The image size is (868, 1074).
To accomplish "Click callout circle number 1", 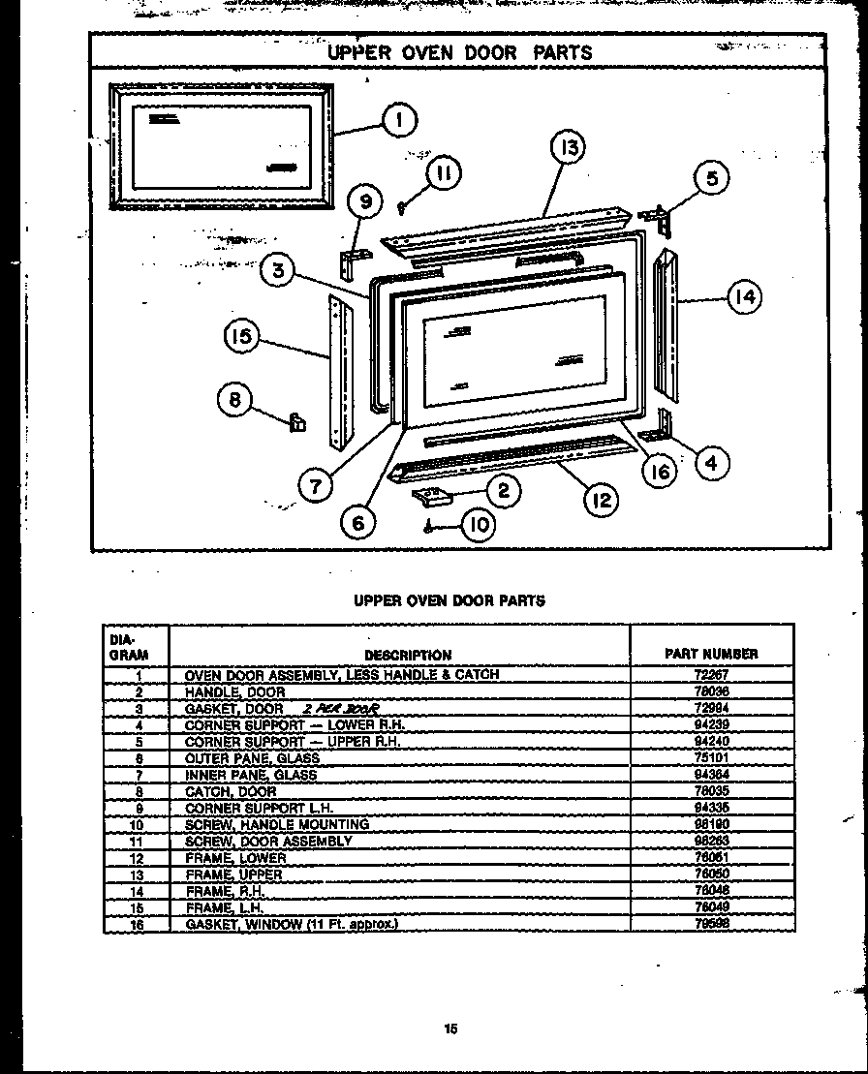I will click(398, 121).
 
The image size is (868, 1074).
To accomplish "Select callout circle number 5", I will click(712, 179).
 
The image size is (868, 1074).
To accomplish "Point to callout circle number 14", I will click(743, 297).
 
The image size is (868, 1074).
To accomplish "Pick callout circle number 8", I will click(234, 399).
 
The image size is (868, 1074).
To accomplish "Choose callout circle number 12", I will click(601, 499).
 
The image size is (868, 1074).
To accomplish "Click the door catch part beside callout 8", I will click(298, 421).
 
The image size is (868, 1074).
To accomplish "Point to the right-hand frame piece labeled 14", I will click(669, 324).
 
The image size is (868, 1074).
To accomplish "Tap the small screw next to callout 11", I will click(403, 203).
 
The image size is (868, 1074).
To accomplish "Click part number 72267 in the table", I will click(710, 674).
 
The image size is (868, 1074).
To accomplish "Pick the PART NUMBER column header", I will click(711, 654).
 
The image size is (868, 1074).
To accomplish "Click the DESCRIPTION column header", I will click(408, 655).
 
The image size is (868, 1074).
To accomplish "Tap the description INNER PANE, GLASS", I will click(250, 775).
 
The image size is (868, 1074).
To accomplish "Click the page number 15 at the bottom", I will click(450, 1029).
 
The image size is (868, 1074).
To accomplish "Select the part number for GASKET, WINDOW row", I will click(710, 924).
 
